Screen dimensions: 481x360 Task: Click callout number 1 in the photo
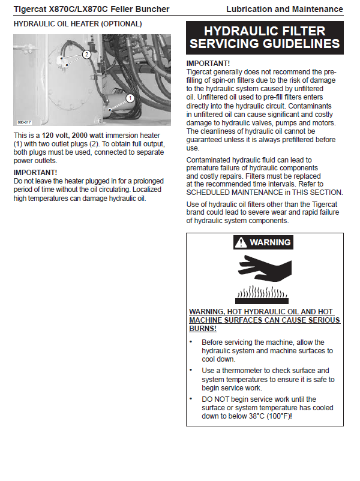130,97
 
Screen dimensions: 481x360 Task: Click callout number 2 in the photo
86,54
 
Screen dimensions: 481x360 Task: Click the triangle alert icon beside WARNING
241,242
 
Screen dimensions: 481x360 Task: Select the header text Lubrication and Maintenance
284,9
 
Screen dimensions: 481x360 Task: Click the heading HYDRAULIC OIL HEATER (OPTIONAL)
77,24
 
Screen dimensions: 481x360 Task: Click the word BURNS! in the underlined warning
203,329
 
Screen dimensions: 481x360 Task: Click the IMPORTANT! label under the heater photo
35,173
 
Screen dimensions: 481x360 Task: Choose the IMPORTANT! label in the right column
208,63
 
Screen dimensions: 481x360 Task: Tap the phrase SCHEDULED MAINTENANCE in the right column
235,193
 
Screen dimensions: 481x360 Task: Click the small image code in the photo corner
23,122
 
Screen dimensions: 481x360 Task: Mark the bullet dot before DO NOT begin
191,399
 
